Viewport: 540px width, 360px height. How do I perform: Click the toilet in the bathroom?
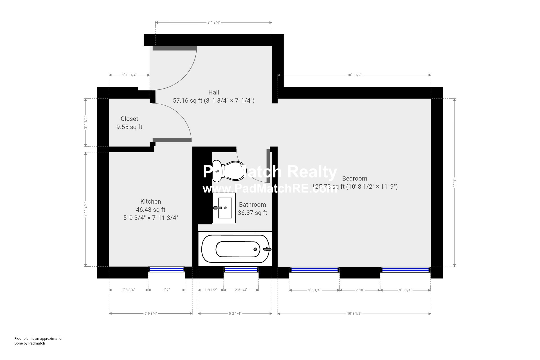coord(228,171)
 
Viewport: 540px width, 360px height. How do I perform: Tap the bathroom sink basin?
coord(225,208)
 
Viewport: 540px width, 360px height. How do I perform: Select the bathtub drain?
coord(255,249)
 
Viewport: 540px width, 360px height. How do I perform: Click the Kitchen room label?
coord(151,202)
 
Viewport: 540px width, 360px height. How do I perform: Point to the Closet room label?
coord(129,119)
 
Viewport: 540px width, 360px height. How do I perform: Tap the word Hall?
coord(214,93)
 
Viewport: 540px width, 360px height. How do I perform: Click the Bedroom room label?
coord(355,179)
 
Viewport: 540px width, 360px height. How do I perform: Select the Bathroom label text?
coord(252,205)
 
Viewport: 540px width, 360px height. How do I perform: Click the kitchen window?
coord(166,269)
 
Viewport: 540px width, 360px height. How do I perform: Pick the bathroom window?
coord(241,270)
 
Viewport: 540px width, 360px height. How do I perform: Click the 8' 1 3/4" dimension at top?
coord(213,22)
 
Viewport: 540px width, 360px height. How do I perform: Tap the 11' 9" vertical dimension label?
coord(454,183)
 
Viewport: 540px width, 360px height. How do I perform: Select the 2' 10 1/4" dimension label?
coord(129,75)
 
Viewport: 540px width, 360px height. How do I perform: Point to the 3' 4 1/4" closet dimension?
coord(85,123)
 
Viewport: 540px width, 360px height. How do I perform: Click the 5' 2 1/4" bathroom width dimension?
coord(235,313)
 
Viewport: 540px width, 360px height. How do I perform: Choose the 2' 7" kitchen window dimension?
coord(166,290)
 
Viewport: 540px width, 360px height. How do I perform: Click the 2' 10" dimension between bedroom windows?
coord(360,290)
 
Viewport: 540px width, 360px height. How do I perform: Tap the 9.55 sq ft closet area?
coord(129,127)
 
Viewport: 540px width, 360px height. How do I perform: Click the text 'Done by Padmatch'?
coord(30,343)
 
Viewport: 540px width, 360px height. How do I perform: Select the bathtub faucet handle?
coord(267,249)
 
